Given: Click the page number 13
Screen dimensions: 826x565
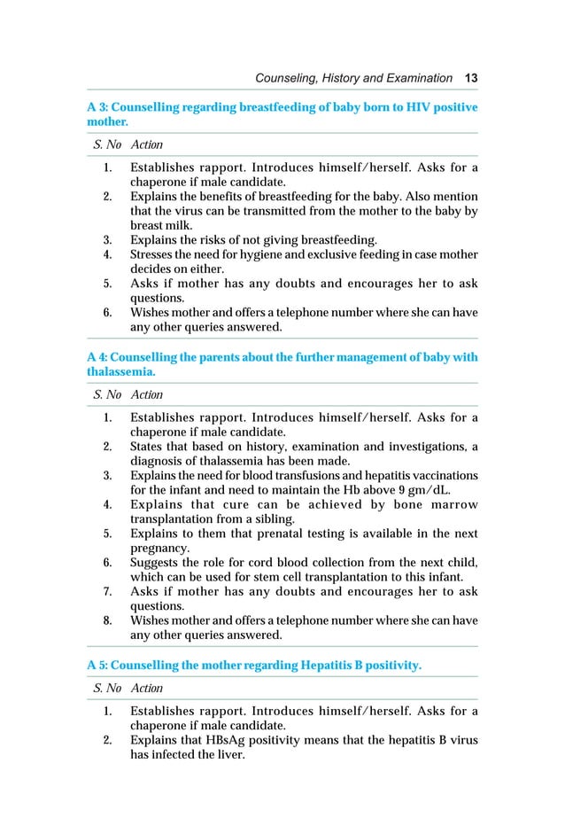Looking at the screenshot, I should tap(471, 78).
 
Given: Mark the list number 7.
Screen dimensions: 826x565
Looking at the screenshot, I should tap(106, 592).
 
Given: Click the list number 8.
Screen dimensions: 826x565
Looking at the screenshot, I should tap(106, 620).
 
